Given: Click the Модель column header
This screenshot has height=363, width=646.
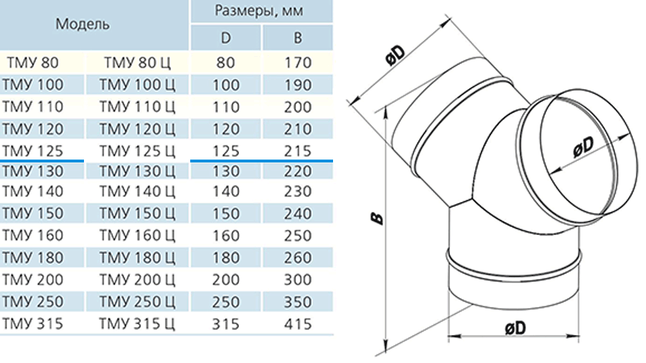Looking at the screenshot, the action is [x=83, y=24].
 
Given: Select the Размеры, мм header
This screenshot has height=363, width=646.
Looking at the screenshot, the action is [x=259, y=11].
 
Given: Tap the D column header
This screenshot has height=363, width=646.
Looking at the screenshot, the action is [x=226, y=38].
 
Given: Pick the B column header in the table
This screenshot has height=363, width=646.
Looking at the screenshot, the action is [x=297, y=38].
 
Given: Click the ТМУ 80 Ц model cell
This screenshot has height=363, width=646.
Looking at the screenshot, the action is [x=137, y=63].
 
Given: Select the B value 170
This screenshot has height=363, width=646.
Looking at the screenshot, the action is [x=297, y=63].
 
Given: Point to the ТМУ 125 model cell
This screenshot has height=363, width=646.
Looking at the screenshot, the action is [x=33, y=151].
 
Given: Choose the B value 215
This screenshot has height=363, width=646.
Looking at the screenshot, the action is [x=297, y=151].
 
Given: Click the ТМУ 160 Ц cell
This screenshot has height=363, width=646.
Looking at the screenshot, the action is [x=137, y=236].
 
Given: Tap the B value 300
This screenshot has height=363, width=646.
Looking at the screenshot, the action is [x=297, y=280].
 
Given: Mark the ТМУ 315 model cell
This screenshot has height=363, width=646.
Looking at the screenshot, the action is [x=33, y=323].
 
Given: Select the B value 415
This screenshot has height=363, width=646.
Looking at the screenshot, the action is [x=297, y=323].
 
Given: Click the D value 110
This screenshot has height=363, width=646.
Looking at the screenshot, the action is [x=226, y=107].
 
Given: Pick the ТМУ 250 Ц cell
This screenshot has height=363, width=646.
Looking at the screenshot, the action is [x=137, y=302].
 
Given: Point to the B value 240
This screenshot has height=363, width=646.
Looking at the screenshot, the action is [x=297, y=213].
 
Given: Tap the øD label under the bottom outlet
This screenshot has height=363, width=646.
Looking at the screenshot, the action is [x=515, y=328].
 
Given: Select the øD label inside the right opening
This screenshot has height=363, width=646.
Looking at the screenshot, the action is [x=584, y=147].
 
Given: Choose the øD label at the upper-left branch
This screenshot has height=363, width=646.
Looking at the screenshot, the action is [x=396, y=55].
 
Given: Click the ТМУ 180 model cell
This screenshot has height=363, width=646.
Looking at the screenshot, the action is [x=33, y=258].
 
